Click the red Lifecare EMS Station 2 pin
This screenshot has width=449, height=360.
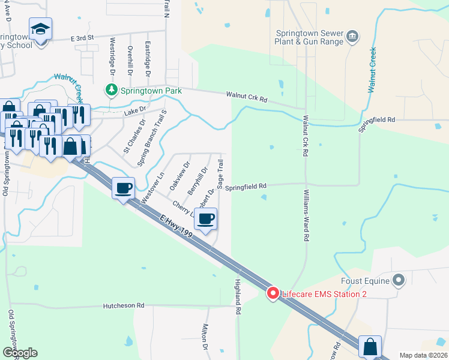[x=273, y=293]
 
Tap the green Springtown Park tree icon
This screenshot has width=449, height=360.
[x=111, y=91]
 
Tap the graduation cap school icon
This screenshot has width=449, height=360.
[x=40, y=29]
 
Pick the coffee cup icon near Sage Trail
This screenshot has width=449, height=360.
[x=206, y=219]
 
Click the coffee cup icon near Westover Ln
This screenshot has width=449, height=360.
[x=124, y=188]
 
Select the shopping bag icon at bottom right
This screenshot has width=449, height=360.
[x=370, y=347]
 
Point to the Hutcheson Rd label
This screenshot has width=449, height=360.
[x=124, y=305]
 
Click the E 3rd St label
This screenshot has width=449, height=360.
[x=82, y=37]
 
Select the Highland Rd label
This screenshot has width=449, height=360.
[x=238, y=296]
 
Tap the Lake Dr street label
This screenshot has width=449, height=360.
[x=135, y=110]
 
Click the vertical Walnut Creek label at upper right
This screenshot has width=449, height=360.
[x=372, y=70]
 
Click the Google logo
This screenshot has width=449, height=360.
[x=20, y=353]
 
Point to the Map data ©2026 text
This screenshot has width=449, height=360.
[x=424, y=355]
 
